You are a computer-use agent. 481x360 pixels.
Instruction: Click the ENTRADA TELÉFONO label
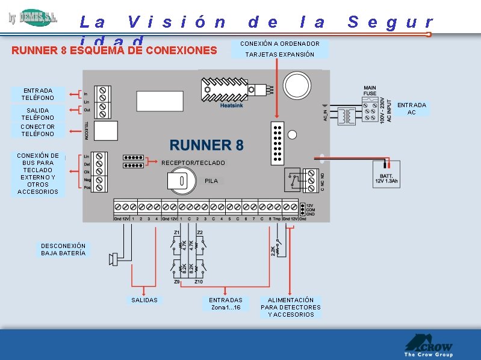(x=37, y=94)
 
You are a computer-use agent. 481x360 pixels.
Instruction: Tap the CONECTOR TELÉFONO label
(x=37, y=130)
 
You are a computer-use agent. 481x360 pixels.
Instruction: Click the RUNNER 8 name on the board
(x=206, y=145)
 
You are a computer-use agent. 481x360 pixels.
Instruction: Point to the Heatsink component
(x=224, y=90)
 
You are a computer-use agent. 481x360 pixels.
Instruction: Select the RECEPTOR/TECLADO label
(x=193, y=163)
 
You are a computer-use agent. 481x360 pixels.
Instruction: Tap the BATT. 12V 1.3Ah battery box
(x=386, y=173)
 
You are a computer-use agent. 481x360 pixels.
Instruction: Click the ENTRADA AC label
(x=412, y=108)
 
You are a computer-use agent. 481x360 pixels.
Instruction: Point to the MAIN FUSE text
(x=370, y=91)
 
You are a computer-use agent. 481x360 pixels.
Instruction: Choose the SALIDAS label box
(x=144, y=300)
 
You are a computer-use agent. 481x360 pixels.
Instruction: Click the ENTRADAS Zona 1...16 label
(x=226, y=303)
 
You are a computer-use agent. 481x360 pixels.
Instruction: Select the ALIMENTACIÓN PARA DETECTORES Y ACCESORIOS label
(x=291, y=307)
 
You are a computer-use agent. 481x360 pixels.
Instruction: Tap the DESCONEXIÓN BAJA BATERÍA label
(x=63, y=249)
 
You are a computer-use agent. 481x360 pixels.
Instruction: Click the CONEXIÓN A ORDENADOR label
(x=280, y=43)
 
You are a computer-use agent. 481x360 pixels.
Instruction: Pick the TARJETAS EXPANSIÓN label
(x=280, y=54)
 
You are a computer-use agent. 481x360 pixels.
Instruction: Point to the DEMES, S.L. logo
(x=34, y=18)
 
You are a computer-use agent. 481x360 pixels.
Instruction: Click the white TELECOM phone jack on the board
(x=106, y=130)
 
